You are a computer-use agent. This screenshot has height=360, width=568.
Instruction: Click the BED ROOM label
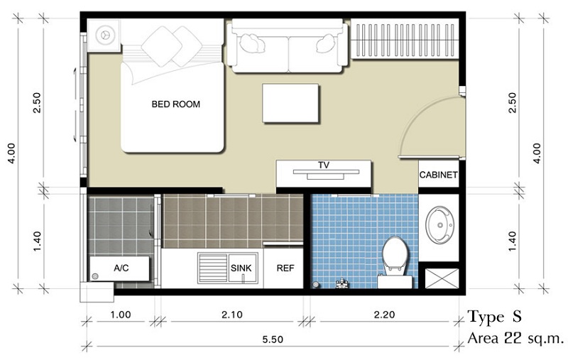pyautogui.click(x=175, y=104)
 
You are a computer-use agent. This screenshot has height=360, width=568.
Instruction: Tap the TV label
pyautogui.click(x=324, y=165)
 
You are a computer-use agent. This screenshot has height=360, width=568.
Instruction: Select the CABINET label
pyautogui.click(x=438, y=175)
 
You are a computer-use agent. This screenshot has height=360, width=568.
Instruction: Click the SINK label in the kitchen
pyautogui.click(x=241, y=268)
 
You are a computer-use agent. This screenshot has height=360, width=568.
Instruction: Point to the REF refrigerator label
pyautogui.click(x=285, y=268)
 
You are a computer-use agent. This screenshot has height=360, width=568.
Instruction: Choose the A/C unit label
pyautogui.click(x=121, y=268)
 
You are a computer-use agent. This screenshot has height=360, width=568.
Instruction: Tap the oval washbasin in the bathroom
pyautogui.click(x=439, y=225)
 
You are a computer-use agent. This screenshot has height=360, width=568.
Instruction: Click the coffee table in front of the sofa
pyautogui.click(x=290, y=103)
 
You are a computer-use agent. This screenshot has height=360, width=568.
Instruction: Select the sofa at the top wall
pyautogui.click(x=288, y=46)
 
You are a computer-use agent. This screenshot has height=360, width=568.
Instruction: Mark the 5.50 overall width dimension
pyautogui.click(x=273, y=339)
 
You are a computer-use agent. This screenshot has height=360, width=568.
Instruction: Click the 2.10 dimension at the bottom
pyautogui.click(x=232, y=315)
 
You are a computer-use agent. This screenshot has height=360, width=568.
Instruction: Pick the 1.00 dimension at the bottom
pyautogui.click(x=121, y=315)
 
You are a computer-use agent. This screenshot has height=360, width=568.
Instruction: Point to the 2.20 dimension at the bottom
pyautogui.click(x=384, y=315)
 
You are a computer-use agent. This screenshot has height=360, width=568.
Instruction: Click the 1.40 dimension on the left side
pyautogui.click(x=37, y=241)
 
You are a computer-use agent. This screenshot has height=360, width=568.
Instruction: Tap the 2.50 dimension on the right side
pyautogui.click(x=512, y=103)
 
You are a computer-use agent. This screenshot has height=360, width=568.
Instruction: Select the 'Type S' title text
pyautogui.click(x=495, y=317)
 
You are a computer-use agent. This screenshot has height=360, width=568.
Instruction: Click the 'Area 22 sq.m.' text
pyautogui.click(x=516, y=338)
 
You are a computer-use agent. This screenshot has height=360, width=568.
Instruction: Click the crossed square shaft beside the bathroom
pyautogui.click(x=442, y=278)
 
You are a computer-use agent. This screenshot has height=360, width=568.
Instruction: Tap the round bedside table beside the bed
pyautogui.click(x=104, y=35)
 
